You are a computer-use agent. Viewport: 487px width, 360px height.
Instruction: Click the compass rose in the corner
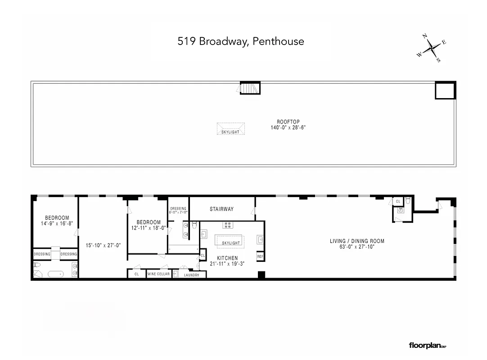[432, 48]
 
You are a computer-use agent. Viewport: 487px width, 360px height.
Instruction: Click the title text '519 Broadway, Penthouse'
[241, 41]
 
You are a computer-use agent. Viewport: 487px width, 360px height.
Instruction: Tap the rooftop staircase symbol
[250, 88]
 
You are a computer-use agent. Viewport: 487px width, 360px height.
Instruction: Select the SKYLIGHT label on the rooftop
[230, 132]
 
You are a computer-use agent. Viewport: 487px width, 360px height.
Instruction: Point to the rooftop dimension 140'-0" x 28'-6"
[288, 127]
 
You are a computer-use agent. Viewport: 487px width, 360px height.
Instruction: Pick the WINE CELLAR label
[159, 274]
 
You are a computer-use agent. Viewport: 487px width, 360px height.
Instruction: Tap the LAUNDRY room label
[192, 274]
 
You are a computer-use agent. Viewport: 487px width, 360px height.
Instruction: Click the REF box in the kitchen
[260, 256]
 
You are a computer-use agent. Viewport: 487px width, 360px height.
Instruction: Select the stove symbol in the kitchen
[228, 225]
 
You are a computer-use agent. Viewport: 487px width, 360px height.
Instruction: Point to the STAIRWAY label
[222, 209]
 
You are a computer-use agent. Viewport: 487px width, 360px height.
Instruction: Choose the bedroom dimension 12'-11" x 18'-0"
[149, 228]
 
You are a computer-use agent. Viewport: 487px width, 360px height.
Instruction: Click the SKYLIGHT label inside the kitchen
[231, 243]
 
